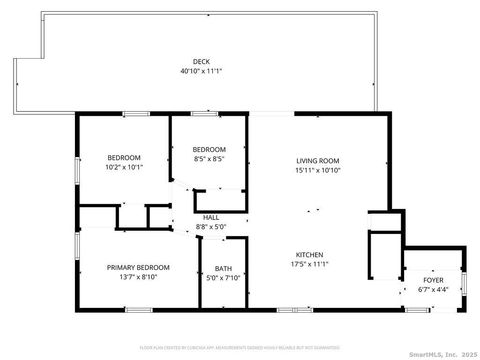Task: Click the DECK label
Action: tap(201, 62)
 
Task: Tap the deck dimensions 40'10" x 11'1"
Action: tap(201, 71)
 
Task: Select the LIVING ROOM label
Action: tap(318, 160)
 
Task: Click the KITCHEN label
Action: tap(309, 254)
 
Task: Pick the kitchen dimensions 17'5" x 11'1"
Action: tap(309, 264)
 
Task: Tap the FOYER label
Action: tap(433, 280)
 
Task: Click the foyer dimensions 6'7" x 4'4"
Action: tap(433, 290)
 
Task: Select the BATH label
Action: tap(223, 268)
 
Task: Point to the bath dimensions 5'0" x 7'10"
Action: tap(223, 277)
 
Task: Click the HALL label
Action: tap(211, 217)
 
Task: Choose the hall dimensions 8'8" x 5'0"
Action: tap(211, 226)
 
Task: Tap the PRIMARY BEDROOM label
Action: tap(139, 267)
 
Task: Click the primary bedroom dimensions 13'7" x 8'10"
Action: tap(139, 276)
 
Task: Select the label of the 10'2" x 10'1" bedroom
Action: tap(124, 157)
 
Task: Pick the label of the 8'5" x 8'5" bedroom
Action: tap(209, 149)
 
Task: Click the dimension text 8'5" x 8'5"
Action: tap(209, 158)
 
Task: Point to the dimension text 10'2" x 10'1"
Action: tap(124, 167)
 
